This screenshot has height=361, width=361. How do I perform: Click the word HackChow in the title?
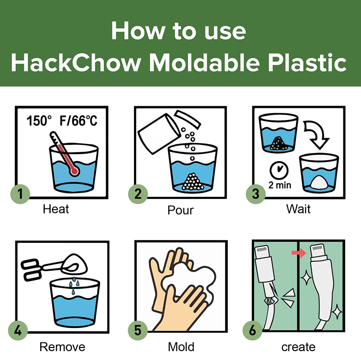tap(76, 63)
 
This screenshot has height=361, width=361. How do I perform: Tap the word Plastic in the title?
tap(307, 63)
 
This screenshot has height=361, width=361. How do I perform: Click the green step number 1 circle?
tap(20, 194)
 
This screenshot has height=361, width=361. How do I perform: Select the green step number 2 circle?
tap(138, 194)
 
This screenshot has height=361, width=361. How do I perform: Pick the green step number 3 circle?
tap(256, 194)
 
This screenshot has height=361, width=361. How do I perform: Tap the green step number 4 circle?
tap(18, 331)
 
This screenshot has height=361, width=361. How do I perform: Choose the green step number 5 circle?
tap(138, 331)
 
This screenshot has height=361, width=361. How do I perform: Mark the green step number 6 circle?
tap(253, 331)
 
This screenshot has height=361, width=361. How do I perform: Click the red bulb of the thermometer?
tap(74, 171)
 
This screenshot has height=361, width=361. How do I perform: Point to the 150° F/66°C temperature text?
tap(62, 120)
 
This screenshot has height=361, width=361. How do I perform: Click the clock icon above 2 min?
tap(279, 171)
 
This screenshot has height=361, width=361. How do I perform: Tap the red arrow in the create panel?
tap(299, 253)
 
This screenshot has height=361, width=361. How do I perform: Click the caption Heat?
tap(56, 209)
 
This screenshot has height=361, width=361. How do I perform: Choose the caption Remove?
tap(62, 347)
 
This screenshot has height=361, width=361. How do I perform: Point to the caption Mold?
tap(181, 347)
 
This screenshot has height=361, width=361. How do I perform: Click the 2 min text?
tap(280, 185)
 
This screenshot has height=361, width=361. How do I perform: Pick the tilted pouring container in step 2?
tap(159, 134)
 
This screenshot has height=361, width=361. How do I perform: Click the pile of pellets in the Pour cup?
tap(193, 182)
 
